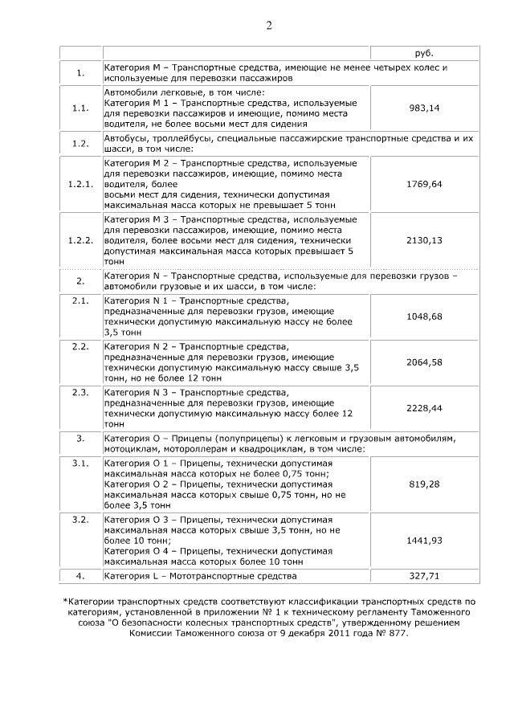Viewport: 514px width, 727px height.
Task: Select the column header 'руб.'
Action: click(x=425, y=52)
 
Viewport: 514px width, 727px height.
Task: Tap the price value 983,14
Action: click(x=425, y=108)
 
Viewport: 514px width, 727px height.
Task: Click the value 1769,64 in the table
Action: click(x=425, y=184)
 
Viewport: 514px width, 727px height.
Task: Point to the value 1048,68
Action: click(x=425, y=317)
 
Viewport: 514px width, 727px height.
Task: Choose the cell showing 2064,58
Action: click(x=425, y=362)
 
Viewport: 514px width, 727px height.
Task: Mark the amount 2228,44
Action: click(x=425, y=408)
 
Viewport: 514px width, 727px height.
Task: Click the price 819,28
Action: click(x=425, y=484)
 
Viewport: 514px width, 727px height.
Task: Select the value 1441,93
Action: click(x=425, y=541)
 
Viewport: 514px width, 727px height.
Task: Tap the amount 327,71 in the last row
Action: click(x=425, y=576)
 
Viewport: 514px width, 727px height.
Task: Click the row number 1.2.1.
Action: click(x=80, y=184)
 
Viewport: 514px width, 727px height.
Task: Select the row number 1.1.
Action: click(x=80, y=108)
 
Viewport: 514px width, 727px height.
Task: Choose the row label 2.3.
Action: click(x=80, y=392)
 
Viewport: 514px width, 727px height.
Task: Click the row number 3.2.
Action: click(x=80, y=520)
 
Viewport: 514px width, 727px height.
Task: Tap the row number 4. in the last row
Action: click(x=80, y=576)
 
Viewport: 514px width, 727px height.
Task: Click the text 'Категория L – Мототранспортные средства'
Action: click(x=201, y=576)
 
